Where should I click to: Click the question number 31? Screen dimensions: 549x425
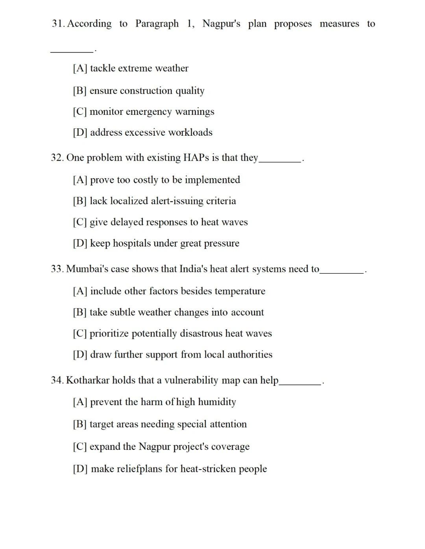coord(58,24)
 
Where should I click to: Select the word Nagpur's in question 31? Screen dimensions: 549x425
coord(221,24)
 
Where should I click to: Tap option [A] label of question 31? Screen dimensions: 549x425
coord(80,68)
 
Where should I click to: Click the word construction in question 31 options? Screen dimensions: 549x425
coord(146,91)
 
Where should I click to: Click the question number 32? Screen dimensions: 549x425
coord(57,158)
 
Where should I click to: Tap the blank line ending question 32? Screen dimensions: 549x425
coord(280,161)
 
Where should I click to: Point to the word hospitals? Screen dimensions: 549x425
coord(132,243)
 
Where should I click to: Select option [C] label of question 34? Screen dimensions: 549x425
coord(79,447)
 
